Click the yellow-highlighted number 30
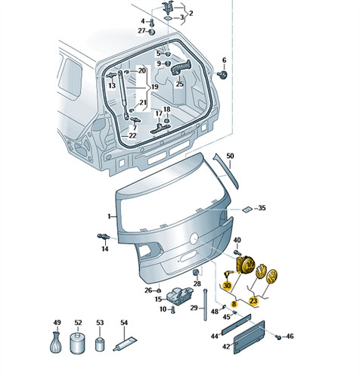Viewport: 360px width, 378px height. tap(227, 286)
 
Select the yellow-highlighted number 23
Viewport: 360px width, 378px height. tap(253, 301)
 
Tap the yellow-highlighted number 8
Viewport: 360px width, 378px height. tap(234, 304)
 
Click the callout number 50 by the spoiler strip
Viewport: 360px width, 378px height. tap(230, 156)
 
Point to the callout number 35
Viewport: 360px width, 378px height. tap(262, 208)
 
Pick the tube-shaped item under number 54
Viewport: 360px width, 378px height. tap(125, 344)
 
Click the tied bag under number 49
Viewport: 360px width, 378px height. tap(56, 342)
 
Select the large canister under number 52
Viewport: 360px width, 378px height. tap(77, 342)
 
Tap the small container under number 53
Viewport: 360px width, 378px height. tap(100, 344)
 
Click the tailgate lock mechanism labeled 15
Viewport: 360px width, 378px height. tap(180, 296)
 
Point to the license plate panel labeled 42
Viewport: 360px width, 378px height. tap(249, 337)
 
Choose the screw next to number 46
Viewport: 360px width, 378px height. tap(278, 336)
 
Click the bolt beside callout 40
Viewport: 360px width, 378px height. tap(237, 252)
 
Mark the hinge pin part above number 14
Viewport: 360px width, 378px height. tap(103, 237)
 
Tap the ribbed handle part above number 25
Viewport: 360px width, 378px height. tap(181, 67)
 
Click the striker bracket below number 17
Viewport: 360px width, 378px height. tap(160, 128)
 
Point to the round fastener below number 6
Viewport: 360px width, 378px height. tap(222, 74)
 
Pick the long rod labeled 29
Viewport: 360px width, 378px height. tap(205, 305)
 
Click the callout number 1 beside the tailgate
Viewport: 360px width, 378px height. tap(109, 216)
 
